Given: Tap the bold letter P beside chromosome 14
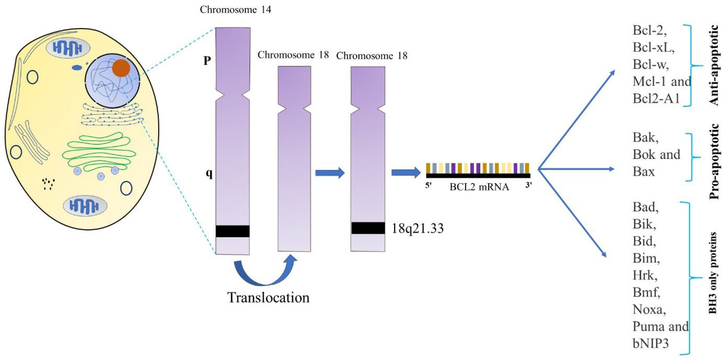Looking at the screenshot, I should click(207, 60).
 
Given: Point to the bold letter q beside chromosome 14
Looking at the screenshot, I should click(209, 174).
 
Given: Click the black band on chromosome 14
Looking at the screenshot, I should click(233, 231).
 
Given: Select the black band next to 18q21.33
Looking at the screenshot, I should click(368, 228).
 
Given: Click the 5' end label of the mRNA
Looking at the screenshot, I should click(428, 186).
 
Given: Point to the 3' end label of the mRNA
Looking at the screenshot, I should click(528, 185).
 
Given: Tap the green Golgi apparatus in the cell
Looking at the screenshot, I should click(99, 152).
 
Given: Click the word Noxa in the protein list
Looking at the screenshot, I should click(649, 310).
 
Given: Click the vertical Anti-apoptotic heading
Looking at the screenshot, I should click(714, 65).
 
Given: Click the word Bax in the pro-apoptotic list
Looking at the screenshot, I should click(643, 171).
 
